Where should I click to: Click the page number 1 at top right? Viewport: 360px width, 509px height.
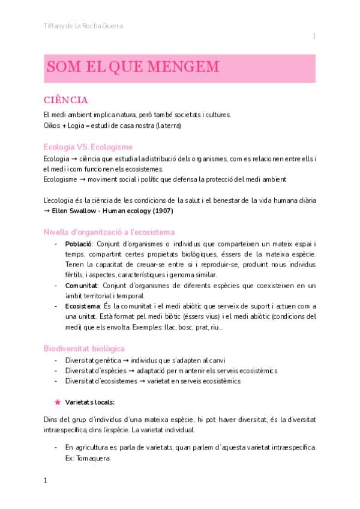(x=314, y=37)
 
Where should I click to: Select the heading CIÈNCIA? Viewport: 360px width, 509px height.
(x=66, y=100)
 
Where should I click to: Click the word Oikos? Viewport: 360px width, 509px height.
(x=52, y=125)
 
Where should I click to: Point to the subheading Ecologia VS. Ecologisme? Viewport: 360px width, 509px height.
(x=88, y=146)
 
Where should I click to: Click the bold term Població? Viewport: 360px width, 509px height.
(x=78, y=244)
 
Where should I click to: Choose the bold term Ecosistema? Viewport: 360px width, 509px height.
(x=82, y=306)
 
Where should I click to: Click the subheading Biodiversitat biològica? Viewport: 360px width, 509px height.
(x=83, y=348)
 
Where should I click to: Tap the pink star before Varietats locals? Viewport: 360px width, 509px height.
(x=57, y=401)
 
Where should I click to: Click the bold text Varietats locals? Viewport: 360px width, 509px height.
(x=90, y=402)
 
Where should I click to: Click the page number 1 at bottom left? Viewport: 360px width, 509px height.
(x=46, y=481)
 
